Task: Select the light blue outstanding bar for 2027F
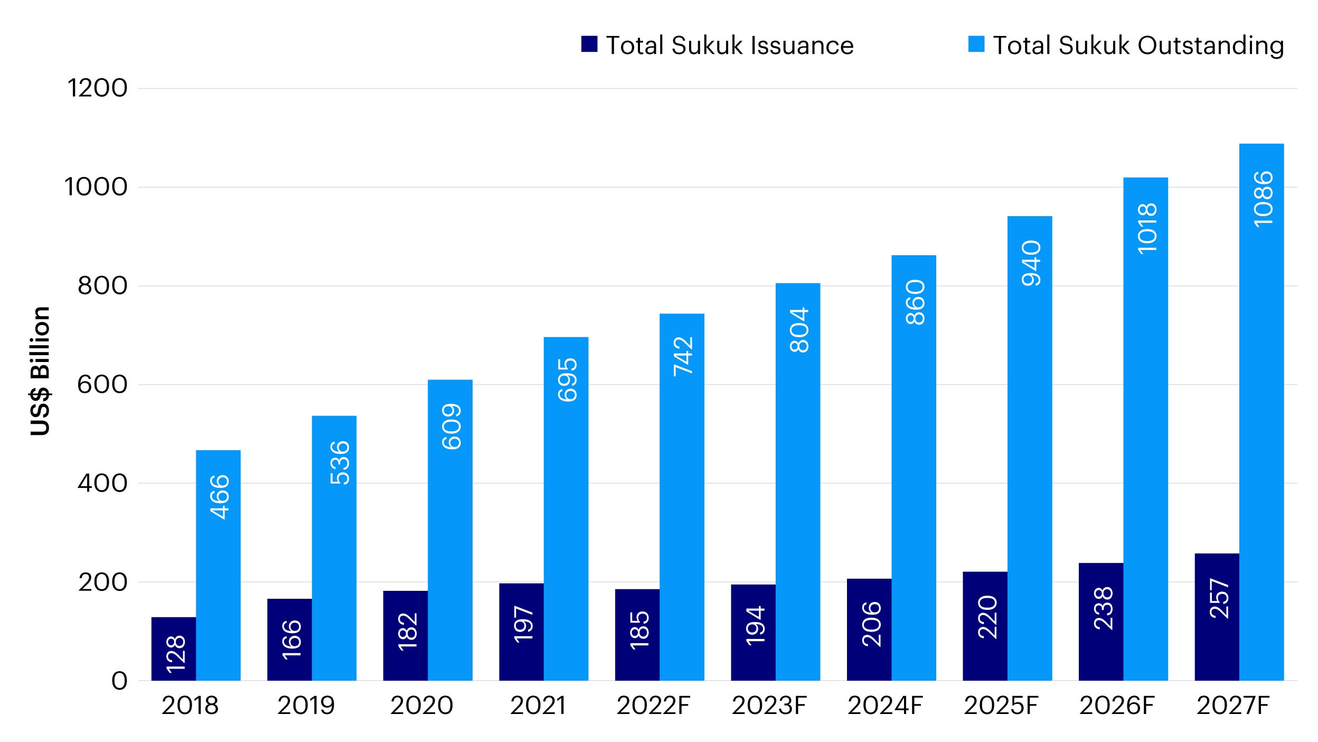click(x=1261, y=412)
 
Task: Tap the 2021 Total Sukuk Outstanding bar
click(x=566, y=508)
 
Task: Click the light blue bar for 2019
click(x=334, y=548)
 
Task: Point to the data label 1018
click(x=1147, y=228)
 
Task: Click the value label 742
click(x=683, y=356)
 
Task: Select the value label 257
click(x=1219, y=598)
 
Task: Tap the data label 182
click(x=407, y=632)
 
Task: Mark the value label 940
click(x=1031, y=263)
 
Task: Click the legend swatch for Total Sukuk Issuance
click(x=589, y=44)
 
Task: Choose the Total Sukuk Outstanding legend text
click(x=1138, y=45)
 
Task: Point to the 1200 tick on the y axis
click(x=97, y=88)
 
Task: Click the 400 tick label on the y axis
click(x=102, y=483)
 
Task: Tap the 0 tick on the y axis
click(x=119, y=681)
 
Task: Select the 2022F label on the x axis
click(x=653, y=706)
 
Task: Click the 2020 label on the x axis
click(x=421, y=706)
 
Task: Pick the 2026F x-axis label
click(x=1117, y=706)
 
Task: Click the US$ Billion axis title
click(x=40, y=371)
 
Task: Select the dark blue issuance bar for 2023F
click(x=753, y=632)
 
